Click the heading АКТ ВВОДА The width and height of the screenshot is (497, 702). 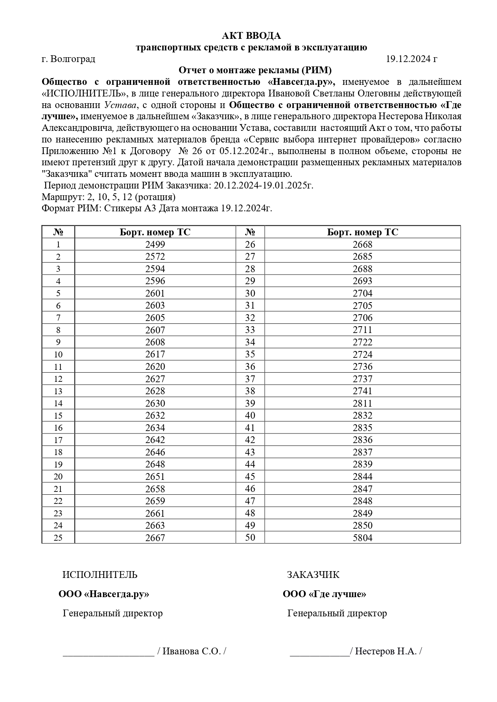pos(251,36)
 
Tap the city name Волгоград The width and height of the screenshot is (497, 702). pos(73,59)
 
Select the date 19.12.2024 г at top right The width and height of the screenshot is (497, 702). pos(411,59)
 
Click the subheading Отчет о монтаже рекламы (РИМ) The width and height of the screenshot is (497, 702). pos(255,71)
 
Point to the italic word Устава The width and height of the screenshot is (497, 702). pos(121,105)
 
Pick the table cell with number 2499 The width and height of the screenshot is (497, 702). pos(155,245)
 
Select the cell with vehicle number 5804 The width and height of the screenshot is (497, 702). pos(362,538)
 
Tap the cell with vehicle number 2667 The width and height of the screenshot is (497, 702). pos(155,538)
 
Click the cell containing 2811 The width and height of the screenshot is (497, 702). pos(362,403)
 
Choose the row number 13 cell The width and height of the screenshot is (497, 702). pos(58,391)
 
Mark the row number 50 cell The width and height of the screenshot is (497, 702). pos(250,538)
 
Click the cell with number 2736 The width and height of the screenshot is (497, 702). pos(362,367)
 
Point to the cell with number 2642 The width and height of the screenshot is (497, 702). pos(155,440)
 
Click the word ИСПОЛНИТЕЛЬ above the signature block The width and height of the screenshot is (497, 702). pos(100,575)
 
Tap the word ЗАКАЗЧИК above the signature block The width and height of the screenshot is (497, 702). pos(313,575)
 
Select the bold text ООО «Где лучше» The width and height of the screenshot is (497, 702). pos(324,594)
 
